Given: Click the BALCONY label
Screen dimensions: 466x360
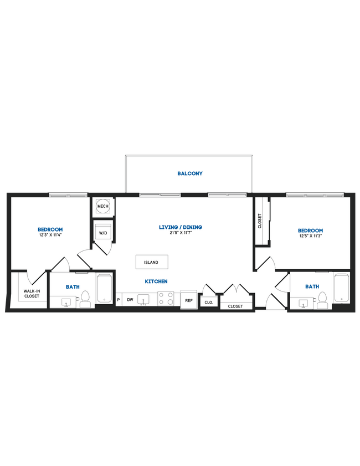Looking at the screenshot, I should [190, 173].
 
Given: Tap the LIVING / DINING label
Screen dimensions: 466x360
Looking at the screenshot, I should [181, 227].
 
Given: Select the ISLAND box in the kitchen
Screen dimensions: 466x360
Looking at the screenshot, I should [151, 262].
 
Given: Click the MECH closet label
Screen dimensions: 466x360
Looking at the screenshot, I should [103, 207].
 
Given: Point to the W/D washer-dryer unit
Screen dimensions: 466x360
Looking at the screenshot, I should [103, 233].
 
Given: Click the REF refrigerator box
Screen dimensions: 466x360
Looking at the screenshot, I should [188, 300].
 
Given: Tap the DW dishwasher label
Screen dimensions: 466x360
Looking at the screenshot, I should [130, 300].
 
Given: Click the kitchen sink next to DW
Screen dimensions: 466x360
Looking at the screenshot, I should [144, 300].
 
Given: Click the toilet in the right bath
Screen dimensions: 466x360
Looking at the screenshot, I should [322, 301].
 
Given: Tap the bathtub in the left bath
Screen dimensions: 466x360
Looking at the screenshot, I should [105, 289].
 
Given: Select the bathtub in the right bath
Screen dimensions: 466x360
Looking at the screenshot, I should [341, 289].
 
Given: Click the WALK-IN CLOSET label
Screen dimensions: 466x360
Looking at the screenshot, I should [31, 294].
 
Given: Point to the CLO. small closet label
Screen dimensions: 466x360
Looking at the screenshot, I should [208, 303].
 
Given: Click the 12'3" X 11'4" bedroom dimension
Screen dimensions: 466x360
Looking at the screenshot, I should [50, 235].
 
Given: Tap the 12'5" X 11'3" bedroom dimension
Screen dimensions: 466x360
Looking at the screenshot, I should [310, 237].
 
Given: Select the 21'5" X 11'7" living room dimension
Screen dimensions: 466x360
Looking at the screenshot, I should [181, 233].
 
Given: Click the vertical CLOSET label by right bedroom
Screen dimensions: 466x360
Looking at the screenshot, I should [260, 221].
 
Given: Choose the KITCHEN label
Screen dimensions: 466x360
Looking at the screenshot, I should [156, 281].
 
